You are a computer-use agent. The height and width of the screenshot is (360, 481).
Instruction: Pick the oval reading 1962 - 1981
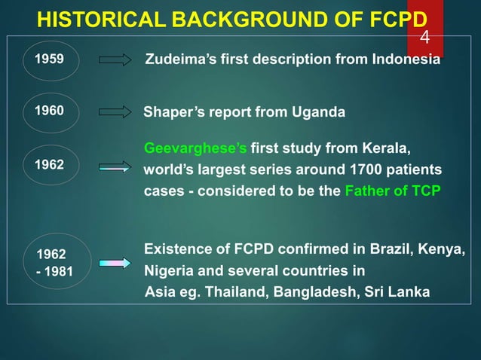(x=51, y=261)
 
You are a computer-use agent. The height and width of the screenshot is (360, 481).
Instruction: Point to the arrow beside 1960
(x=115, y=112)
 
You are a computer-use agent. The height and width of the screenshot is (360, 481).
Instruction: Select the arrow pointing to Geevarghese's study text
(x=115, y=167)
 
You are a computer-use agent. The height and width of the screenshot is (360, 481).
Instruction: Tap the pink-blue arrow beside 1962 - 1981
(x=115, y=263)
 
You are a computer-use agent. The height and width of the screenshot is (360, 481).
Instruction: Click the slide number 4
(x=424, y=37)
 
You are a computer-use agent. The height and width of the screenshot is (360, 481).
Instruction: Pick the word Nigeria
(x=168, y=270)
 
